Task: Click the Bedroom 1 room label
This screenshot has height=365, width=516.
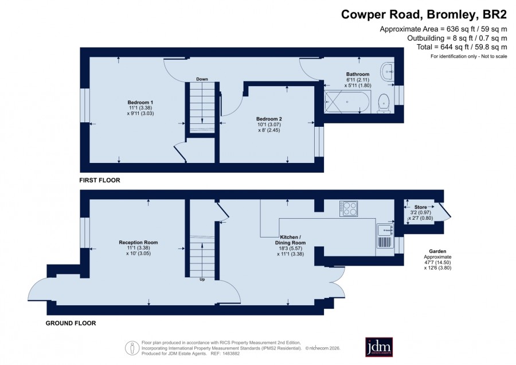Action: pyautogui.click(x=140, y=102)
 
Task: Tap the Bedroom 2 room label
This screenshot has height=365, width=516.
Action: pyautogui.click(x=269, y=119)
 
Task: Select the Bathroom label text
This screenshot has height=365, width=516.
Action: pyautogui.click(x=358, y=74)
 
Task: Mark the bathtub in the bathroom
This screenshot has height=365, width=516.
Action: pyautogui.click(x=347, y=102)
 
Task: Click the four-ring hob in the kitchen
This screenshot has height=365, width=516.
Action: pyautogui.click(x=349, y=208)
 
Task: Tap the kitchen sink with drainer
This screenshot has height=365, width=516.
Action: pyautogui.click(x=385, y=236)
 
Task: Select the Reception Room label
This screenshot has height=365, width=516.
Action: pyautogui.click(x=138, y=242)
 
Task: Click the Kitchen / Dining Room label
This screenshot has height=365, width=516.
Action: pyautogui.click(x=290, y=240)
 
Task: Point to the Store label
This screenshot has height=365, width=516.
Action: pyautogui.click(x=421, y=207)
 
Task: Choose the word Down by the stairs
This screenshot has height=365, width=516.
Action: pyautogui.click(x=202, y=79)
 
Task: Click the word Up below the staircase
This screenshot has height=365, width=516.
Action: pyautogui.click(x=202, y=279)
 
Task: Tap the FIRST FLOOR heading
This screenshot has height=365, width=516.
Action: pyautogui.click(x=100, y=180)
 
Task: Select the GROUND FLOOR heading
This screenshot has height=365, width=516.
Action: pyautogui.click(x=71, y=323)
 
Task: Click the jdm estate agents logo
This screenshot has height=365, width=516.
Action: pyautogui.click(x=379, y=347)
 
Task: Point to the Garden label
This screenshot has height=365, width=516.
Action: pyautogui.click(x=437, y=251)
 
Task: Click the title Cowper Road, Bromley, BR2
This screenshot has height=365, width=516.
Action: pyautogui.click(x=424, y=14)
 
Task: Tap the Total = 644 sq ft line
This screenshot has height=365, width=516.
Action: pyautogui.click(x=462, y=47)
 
